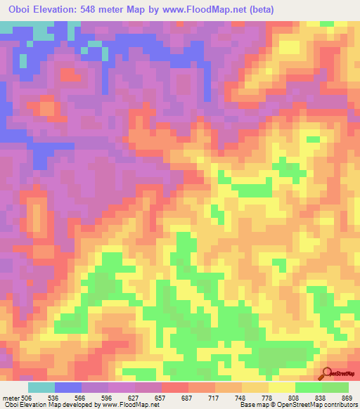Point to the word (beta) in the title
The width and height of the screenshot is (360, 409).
point(257,9)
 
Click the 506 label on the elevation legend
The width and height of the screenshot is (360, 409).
point(25,397)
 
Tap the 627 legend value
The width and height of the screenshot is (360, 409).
point(152,397)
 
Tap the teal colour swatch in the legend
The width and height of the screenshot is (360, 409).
point(41,387)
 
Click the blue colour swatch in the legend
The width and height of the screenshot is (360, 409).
point(68,387)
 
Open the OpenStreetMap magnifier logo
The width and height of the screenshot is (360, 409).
point(327,373)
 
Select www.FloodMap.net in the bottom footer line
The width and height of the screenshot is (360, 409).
point(131,405)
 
